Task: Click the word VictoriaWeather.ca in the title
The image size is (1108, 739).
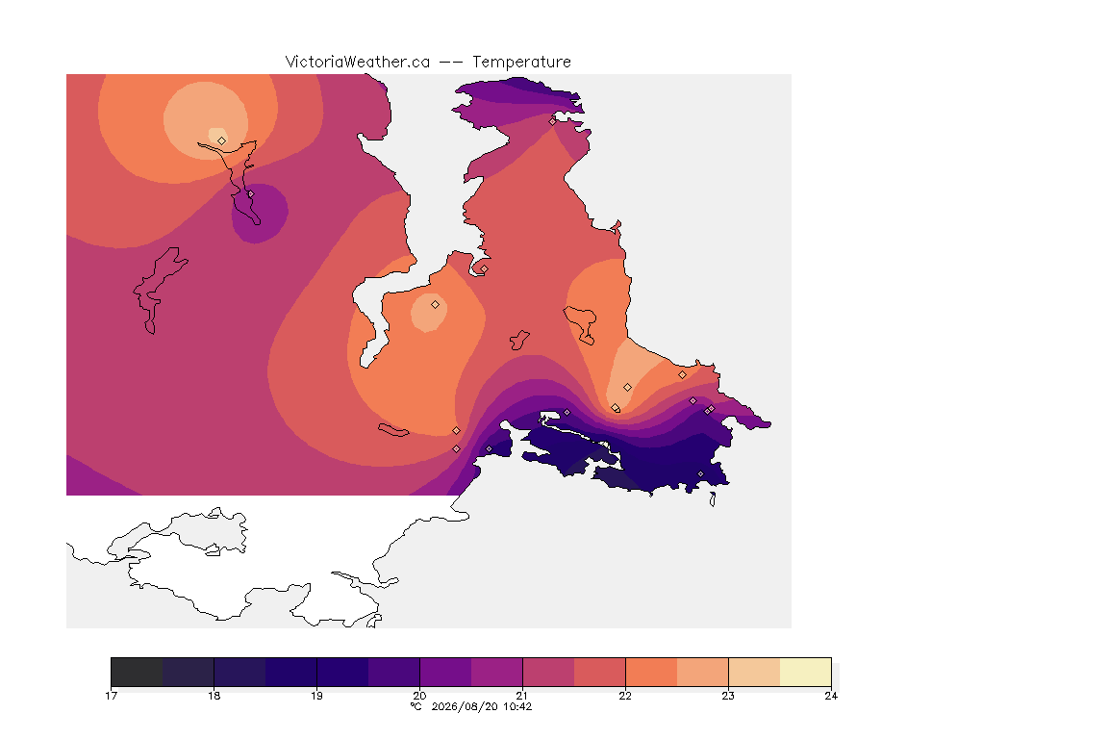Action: [358, 63]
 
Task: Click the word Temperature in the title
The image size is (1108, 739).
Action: [521, 63]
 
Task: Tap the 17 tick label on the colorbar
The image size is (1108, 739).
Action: [111, 696]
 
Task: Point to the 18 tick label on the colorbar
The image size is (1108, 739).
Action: [214, 696]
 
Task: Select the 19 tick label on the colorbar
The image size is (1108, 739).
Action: [316, 696]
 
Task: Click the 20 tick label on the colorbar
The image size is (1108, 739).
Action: [419, 696]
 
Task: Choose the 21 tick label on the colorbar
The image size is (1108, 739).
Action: [522, 696]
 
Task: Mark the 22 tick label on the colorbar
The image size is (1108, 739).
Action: [625, 696]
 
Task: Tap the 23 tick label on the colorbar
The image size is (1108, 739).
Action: [728, 696]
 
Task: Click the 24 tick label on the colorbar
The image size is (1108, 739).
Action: [831, 696]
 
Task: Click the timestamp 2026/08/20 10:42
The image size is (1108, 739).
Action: [482, 706]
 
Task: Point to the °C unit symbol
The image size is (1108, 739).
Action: [416, 706]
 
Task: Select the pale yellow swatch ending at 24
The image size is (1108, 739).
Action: [806, 672]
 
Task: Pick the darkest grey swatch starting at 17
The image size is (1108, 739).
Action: [138, 672]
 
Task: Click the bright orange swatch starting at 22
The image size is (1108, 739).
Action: [651, 672]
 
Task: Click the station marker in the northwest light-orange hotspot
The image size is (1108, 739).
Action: [222, 140]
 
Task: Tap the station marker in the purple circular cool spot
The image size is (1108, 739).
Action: [250, 193]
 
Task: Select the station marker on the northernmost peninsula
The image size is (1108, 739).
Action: [553, 121]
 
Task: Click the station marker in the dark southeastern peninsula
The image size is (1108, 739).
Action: [701, 473]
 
